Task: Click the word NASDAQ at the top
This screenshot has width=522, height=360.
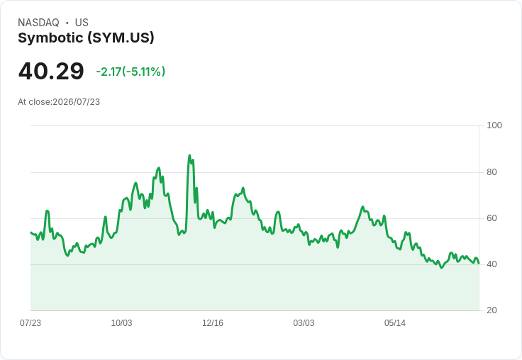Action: point(38,23)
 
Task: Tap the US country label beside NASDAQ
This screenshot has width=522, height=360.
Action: point(82,23)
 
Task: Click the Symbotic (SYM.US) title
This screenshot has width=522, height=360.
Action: point(86,38)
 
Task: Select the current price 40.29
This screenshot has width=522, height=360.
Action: point(51,71)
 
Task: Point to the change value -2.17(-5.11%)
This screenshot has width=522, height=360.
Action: point(130,72)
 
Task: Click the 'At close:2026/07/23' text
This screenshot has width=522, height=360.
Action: point(59,102)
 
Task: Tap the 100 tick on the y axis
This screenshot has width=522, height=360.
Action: point(494,125)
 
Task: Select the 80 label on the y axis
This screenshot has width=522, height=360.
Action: point(492,172)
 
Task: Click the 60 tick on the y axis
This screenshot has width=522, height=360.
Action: point(492,218)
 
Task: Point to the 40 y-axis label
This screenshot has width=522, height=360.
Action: point(492,264)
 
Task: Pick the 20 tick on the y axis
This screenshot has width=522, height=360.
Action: point(492,310)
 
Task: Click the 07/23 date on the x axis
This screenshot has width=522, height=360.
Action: point(30,322)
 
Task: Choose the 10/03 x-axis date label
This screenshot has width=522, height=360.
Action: point(121,322)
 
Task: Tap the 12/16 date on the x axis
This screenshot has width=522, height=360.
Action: point(213,322)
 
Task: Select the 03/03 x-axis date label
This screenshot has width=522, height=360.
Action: point(304,322)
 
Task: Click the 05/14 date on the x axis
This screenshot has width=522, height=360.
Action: point(395,322)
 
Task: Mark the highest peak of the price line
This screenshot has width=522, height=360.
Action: point(189,155)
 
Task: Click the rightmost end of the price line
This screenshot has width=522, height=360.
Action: point(479,263)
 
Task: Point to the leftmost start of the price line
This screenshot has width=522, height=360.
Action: point(30,232)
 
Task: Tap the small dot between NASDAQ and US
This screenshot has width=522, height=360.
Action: point(67,23)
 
